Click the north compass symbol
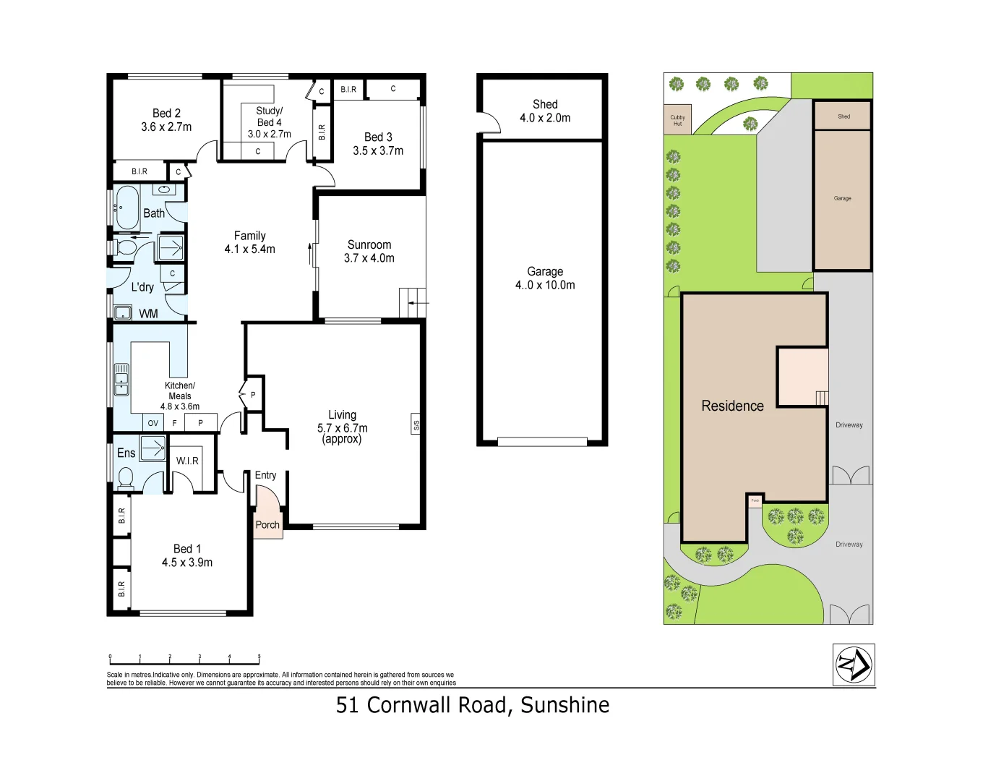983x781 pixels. click(x=854, y=665)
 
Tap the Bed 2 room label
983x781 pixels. click(x=166, y=114)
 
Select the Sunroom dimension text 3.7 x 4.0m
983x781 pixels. click(x=369, y=258)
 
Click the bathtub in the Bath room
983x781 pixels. click(x=127, y=208)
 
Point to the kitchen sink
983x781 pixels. click(x=121, y=380)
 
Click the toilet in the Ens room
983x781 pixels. click(x=126, y=478)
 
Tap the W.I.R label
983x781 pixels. click(x=187, y=461)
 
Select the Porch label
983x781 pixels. click(x=267, y=525)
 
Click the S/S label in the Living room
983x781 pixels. click(x=416, y=425)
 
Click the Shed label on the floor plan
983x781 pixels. click(x=545, y=104)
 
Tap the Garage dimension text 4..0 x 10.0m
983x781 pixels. click(x=545, y=285)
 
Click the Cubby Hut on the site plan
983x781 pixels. click(x=677, y=120)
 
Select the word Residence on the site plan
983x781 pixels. click(x=732, y=406)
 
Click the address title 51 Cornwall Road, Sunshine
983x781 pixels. click(x=473, y=705)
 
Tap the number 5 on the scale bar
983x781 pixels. click(x=259, y=657)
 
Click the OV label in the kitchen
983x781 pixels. click(x=153, y=423)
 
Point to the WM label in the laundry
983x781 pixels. click(x=148, y=314)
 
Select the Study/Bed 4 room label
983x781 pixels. click(x=269, y=116)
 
